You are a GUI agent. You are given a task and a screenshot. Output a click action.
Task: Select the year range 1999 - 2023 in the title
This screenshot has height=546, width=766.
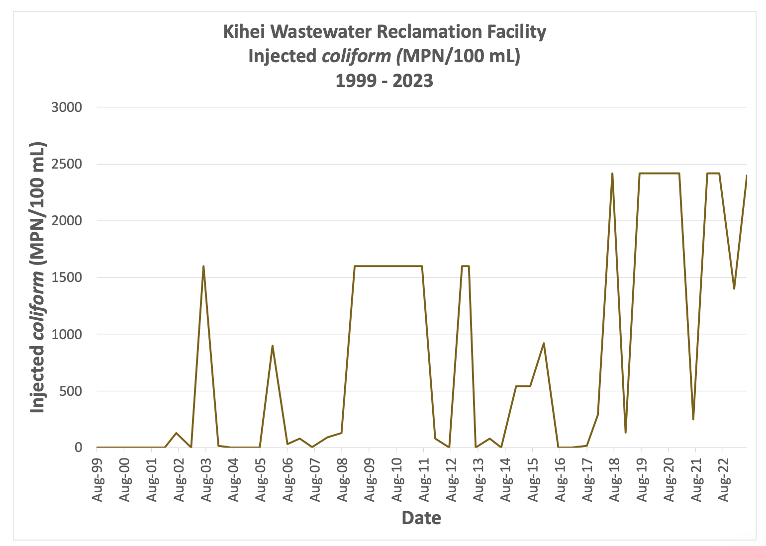(384, 81)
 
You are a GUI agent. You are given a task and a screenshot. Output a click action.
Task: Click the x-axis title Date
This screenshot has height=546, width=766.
(421, 518)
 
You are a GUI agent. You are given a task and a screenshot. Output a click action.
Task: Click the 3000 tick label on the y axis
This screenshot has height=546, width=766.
(67, 107)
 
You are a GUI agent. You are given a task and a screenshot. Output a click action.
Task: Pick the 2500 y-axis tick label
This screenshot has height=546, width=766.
(67, 164)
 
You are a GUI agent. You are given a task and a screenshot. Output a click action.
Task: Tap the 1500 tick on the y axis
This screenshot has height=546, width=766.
(67, 277)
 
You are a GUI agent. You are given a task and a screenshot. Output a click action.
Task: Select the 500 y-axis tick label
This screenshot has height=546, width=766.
(71, 391)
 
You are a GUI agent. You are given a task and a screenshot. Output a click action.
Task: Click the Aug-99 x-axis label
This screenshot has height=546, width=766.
(98, 478)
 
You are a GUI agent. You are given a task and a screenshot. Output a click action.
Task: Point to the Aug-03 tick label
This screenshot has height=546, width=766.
(207, 478)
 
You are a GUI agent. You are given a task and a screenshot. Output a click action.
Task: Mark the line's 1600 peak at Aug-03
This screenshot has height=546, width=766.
(203, 266)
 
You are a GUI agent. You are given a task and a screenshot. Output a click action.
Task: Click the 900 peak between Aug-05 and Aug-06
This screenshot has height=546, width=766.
(272, 346)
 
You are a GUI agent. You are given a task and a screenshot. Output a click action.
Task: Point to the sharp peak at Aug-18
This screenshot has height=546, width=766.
(612, 174)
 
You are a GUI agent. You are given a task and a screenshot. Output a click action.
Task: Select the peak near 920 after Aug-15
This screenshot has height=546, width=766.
(544, 343)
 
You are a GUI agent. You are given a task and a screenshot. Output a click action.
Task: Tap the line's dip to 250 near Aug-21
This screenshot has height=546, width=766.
(693, 419)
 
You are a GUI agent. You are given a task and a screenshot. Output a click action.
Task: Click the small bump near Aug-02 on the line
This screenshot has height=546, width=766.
(176, 433)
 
